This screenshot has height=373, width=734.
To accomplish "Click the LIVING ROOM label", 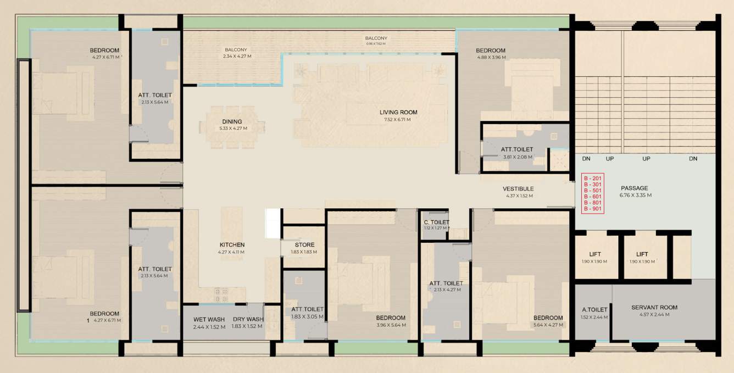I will click(398, 113).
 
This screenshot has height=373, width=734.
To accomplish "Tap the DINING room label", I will click(232, 122).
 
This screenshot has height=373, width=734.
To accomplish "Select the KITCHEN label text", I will click(232, 245).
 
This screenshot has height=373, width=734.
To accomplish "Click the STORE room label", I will click(304, 245).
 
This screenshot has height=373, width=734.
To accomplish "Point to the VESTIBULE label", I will click(518, 189).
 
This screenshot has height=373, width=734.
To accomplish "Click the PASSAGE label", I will click(634, 188).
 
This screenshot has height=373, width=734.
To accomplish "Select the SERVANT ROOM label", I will click(654, 308).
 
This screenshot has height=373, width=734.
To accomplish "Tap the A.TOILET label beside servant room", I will click(594, 310).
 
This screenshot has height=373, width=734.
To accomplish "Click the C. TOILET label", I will click(436, 222).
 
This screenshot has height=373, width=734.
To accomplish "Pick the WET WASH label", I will click(209, 320).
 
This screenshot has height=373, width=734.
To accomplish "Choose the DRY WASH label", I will click(248, 320).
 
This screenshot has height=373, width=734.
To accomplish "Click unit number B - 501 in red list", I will click(593, 190).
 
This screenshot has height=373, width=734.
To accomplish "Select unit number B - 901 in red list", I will click(593, 209).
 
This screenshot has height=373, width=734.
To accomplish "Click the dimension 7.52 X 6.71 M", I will click(398, 119).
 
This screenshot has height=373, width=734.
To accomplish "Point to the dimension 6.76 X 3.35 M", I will click(635, 195).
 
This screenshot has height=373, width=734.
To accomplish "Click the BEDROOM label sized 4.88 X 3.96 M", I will click(491, 51).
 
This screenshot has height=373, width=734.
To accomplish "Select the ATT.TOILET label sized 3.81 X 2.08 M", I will click(516, 149).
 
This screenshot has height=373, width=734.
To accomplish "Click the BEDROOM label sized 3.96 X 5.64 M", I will click(391, 318).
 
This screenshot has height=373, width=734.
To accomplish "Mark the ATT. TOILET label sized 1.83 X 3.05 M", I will click(307, 309).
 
